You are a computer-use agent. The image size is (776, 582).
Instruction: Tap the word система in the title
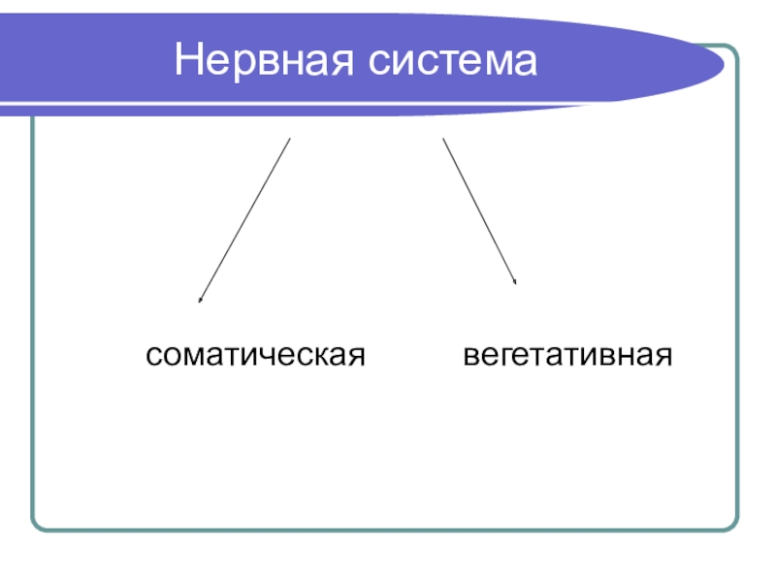452,62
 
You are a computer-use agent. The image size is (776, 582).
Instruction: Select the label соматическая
255,355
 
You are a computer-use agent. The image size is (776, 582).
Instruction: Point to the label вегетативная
567,355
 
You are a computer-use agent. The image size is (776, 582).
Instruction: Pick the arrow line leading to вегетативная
479,210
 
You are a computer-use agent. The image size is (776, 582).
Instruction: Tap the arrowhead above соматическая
200,301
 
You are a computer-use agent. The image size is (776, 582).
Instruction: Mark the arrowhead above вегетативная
515,282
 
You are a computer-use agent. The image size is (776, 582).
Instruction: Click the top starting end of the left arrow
289,139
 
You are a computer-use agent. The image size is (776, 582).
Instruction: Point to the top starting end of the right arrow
443,139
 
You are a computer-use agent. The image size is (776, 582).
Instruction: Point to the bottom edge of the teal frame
388,530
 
